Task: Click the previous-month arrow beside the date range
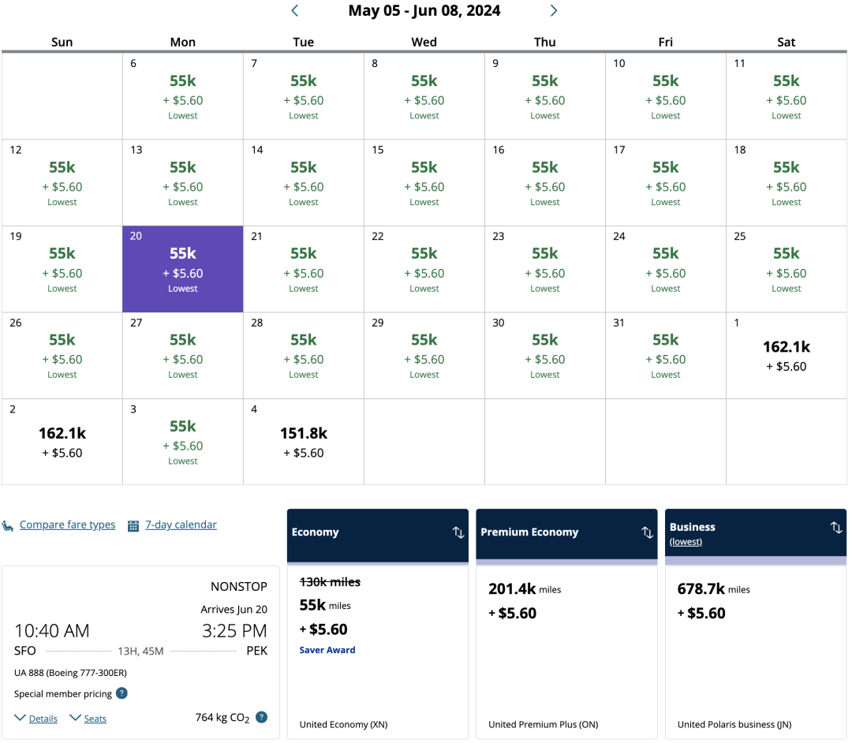point(295,11)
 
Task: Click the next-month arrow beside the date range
point(554,11)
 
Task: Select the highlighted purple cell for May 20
point(183,269)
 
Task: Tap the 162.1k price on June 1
point(787,347)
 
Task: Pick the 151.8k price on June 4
point(304,434)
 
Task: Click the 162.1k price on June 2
point(62,434)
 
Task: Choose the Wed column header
point(424,43)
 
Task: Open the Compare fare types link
point(67,525)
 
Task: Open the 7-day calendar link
point(181,525)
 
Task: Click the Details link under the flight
point(43,719)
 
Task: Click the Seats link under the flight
point(95,719)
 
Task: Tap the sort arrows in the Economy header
point(458,532)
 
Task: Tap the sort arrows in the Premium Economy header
point(648,532)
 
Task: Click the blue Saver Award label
point(327,650)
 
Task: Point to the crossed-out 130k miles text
point(330,582)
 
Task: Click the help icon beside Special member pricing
point(122,693)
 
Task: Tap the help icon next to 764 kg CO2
point(262,717)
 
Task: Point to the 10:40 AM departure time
point(52,631)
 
